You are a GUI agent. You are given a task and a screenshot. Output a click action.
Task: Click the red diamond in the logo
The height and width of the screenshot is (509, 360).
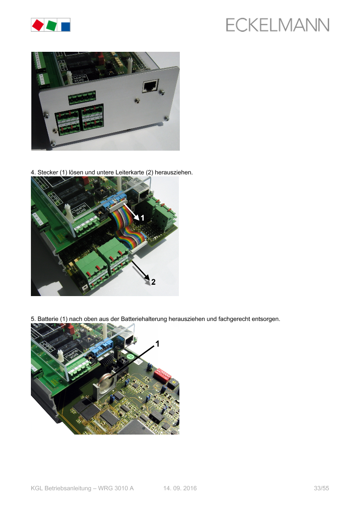point(38,25)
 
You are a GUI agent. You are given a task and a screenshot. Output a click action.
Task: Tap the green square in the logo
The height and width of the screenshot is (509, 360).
point(51,25)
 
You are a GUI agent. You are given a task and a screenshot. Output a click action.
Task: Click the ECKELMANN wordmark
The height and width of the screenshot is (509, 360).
point(278,25)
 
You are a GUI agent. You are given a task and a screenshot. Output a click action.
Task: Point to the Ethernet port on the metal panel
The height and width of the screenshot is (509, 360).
point(150,86)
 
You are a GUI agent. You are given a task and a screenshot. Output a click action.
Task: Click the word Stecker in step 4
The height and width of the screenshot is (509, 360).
point(48,172)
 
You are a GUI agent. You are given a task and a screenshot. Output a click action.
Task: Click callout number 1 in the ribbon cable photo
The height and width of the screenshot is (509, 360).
point(142,218)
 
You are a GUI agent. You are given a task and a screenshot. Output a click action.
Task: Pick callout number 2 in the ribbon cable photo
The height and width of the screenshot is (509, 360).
point(153,282)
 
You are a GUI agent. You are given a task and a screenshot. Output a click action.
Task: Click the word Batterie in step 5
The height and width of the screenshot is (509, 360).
point(48,319)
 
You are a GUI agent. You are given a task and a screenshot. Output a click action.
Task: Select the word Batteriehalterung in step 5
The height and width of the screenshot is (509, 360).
point(144,319)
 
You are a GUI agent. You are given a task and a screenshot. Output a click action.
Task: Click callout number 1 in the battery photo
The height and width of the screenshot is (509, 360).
point(158,344)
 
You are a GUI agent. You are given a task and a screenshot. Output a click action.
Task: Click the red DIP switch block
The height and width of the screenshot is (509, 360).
point(162,375)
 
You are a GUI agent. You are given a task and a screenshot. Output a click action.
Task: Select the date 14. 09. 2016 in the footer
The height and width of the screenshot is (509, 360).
point(180,488)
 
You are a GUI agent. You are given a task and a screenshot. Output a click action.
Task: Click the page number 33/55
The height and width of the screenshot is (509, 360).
point(321,488)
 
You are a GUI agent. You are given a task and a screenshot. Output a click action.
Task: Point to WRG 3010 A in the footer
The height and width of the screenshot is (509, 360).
point(116,488)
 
